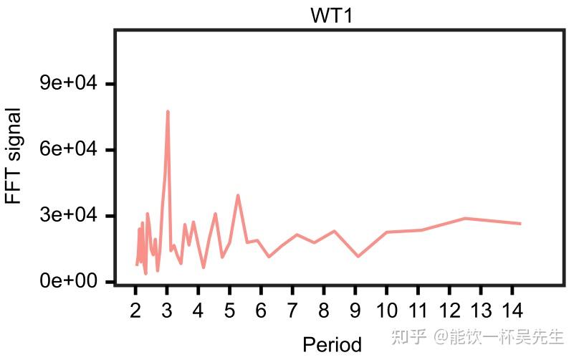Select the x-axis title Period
[x=332, y=344]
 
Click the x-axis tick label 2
[x=135, y=311]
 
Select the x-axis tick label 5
[x=229, y=311]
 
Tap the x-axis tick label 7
[x=292, y=311]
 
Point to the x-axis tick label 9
[x=355, y=311]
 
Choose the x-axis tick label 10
[x=387, y=311]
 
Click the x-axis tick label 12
[x=449, y=311]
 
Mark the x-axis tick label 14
[x=512, y=311]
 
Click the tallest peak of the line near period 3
[x=168, y=112]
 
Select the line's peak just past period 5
[x=237, y=195]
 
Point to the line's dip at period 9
[x=358, y=256]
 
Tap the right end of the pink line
[x=520, y=224]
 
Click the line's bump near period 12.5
[x=465, y=218]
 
